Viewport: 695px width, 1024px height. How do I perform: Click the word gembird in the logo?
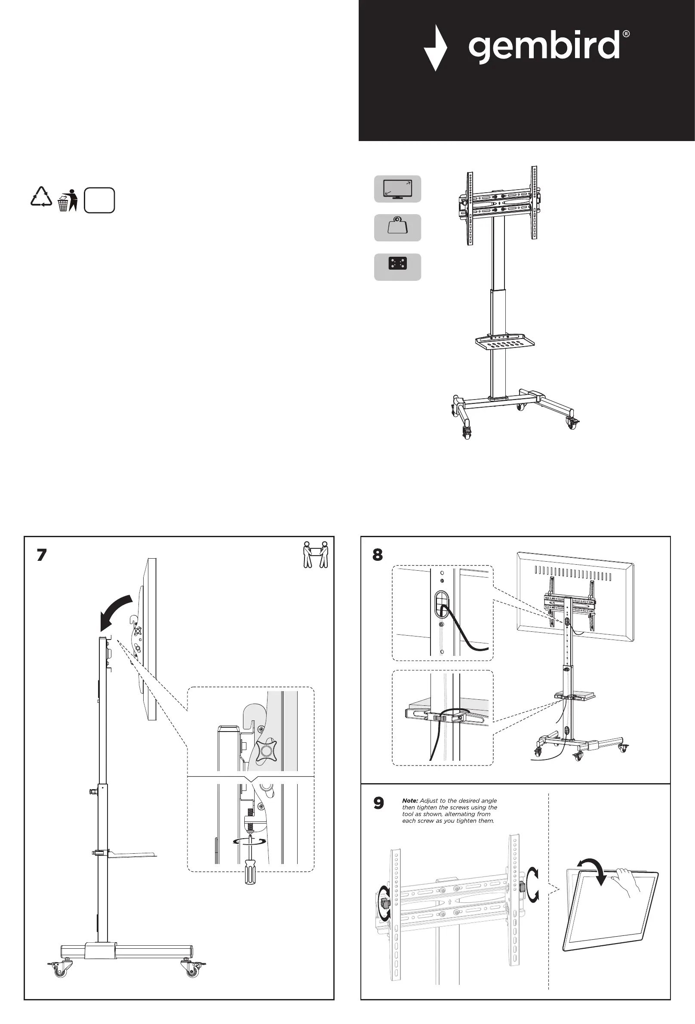click(x=544, y=46)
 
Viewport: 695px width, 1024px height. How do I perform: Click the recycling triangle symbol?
click(x=41, y=197)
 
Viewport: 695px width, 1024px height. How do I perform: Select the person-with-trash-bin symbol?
click(x=68, y=200)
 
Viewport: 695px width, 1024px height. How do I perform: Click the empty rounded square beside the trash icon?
click(x=99, y=200)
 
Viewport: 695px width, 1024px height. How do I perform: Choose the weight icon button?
click(x=397, y=228)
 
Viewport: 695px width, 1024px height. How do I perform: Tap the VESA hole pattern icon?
click(x=397, y=267)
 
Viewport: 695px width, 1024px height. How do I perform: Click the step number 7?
click(x=41, y=555)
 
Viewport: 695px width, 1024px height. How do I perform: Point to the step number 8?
click(x=378, y=555)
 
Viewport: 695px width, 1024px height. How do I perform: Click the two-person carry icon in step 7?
click(x=316, y=555)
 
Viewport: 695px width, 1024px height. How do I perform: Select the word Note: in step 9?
click(x=410, y=801)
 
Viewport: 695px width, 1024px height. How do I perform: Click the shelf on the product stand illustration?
click(x=505, y=342)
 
